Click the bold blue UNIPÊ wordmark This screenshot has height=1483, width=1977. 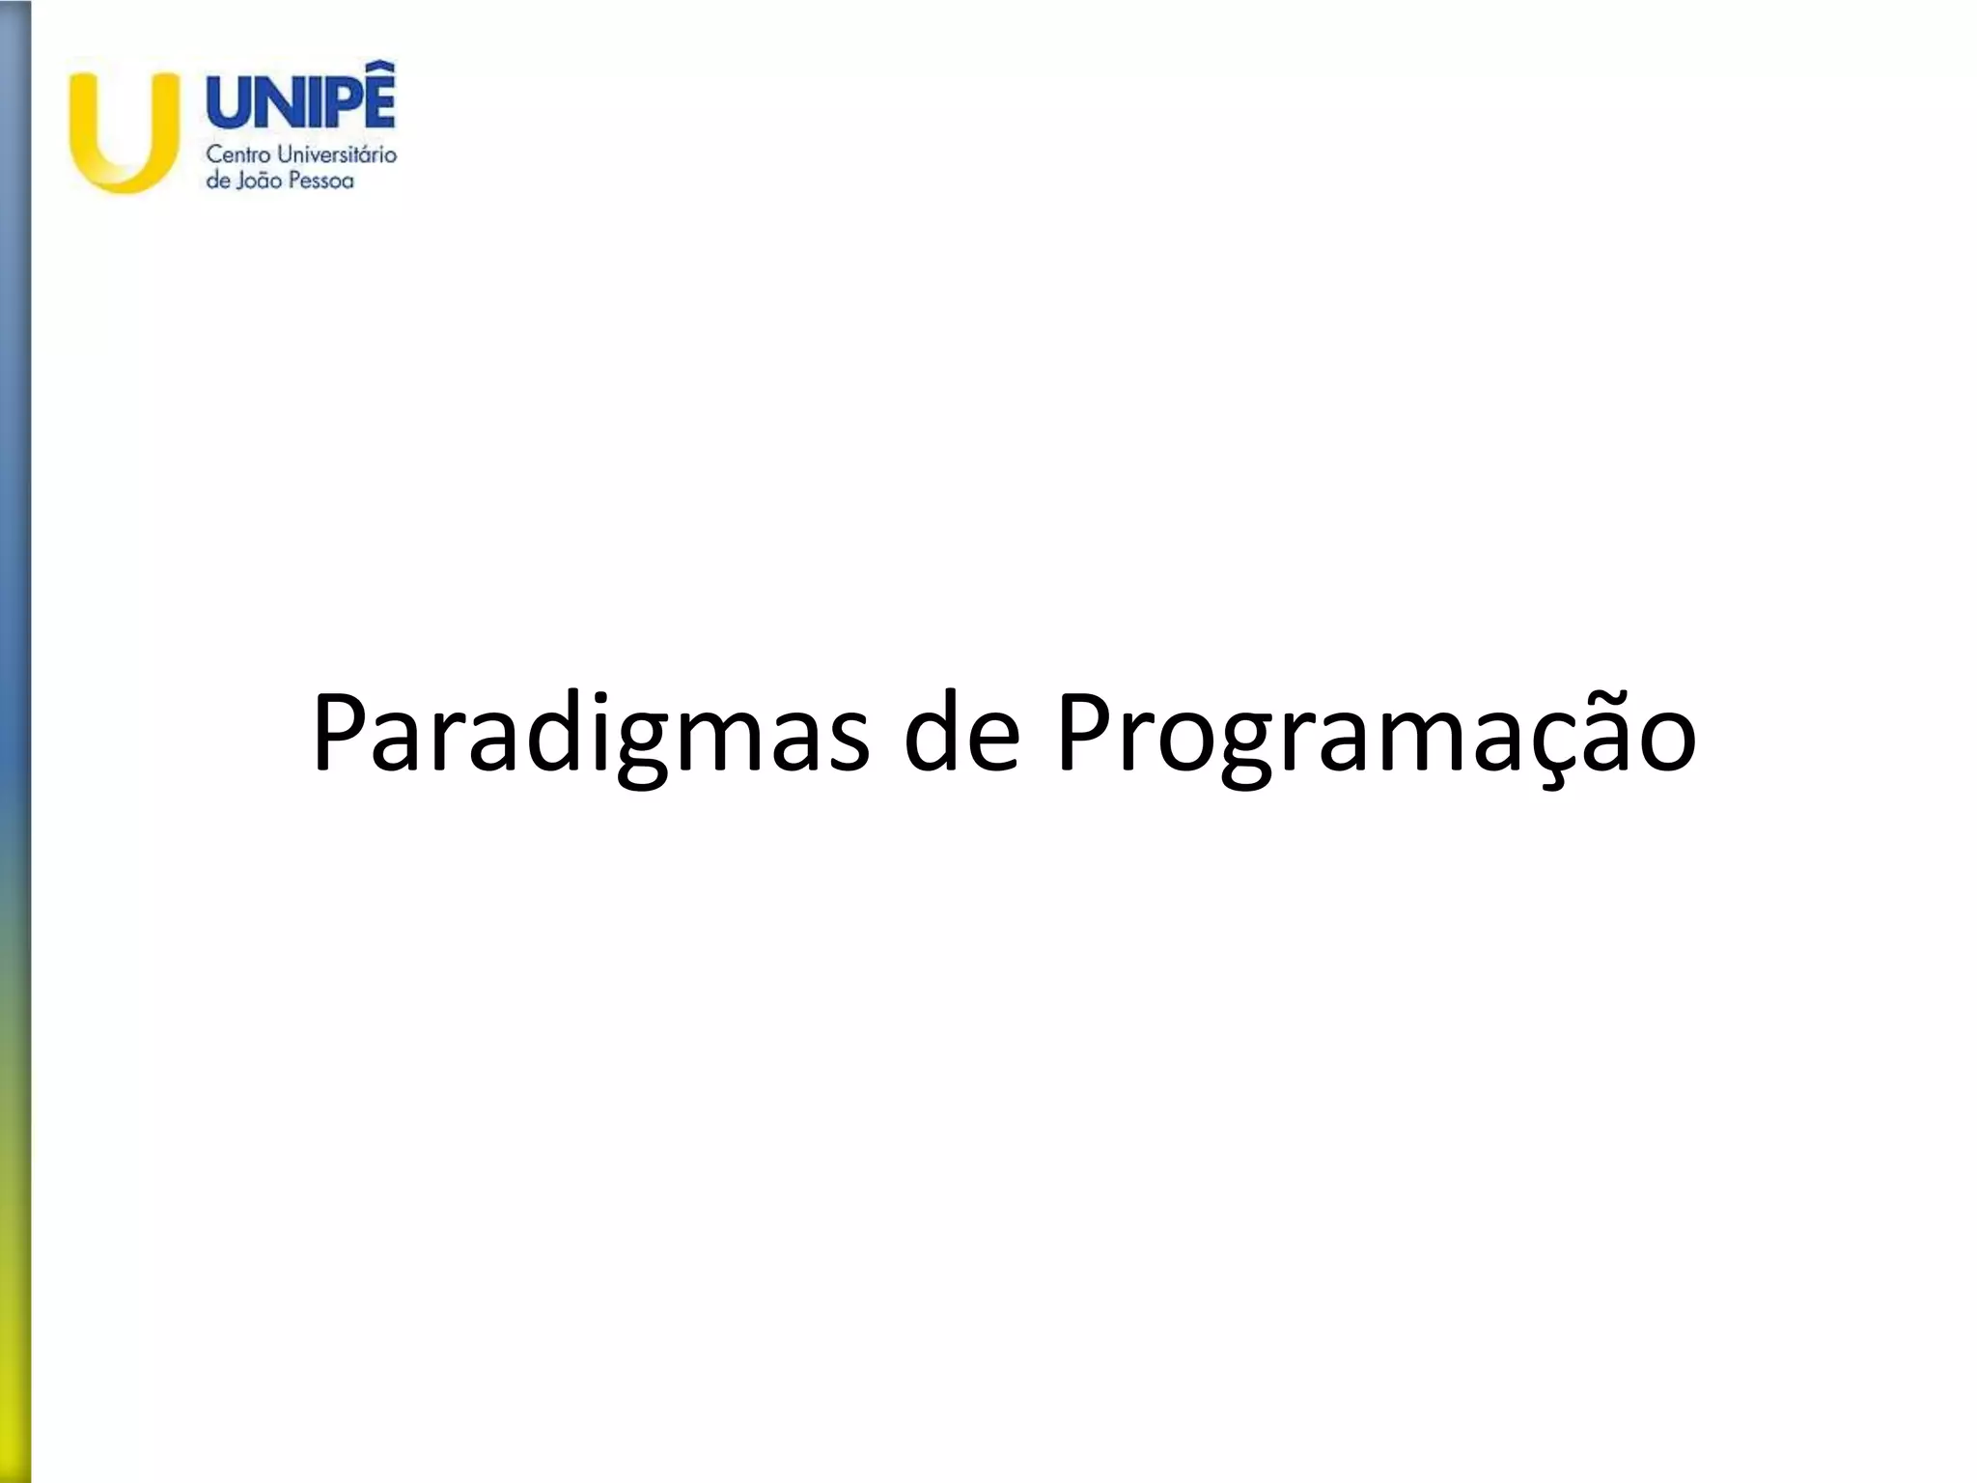(301, 101)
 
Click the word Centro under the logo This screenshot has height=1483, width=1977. (239, 154)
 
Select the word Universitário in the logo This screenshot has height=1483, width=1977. (338, 154)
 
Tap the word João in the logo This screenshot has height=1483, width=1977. (255, 181)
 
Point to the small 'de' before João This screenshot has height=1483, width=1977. (218, 181)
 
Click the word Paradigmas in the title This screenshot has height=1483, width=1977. (589, 734)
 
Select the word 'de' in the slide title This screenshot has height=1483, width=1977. (961, 734)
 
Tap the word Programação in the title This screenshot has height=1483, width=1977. (1376, 734)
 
